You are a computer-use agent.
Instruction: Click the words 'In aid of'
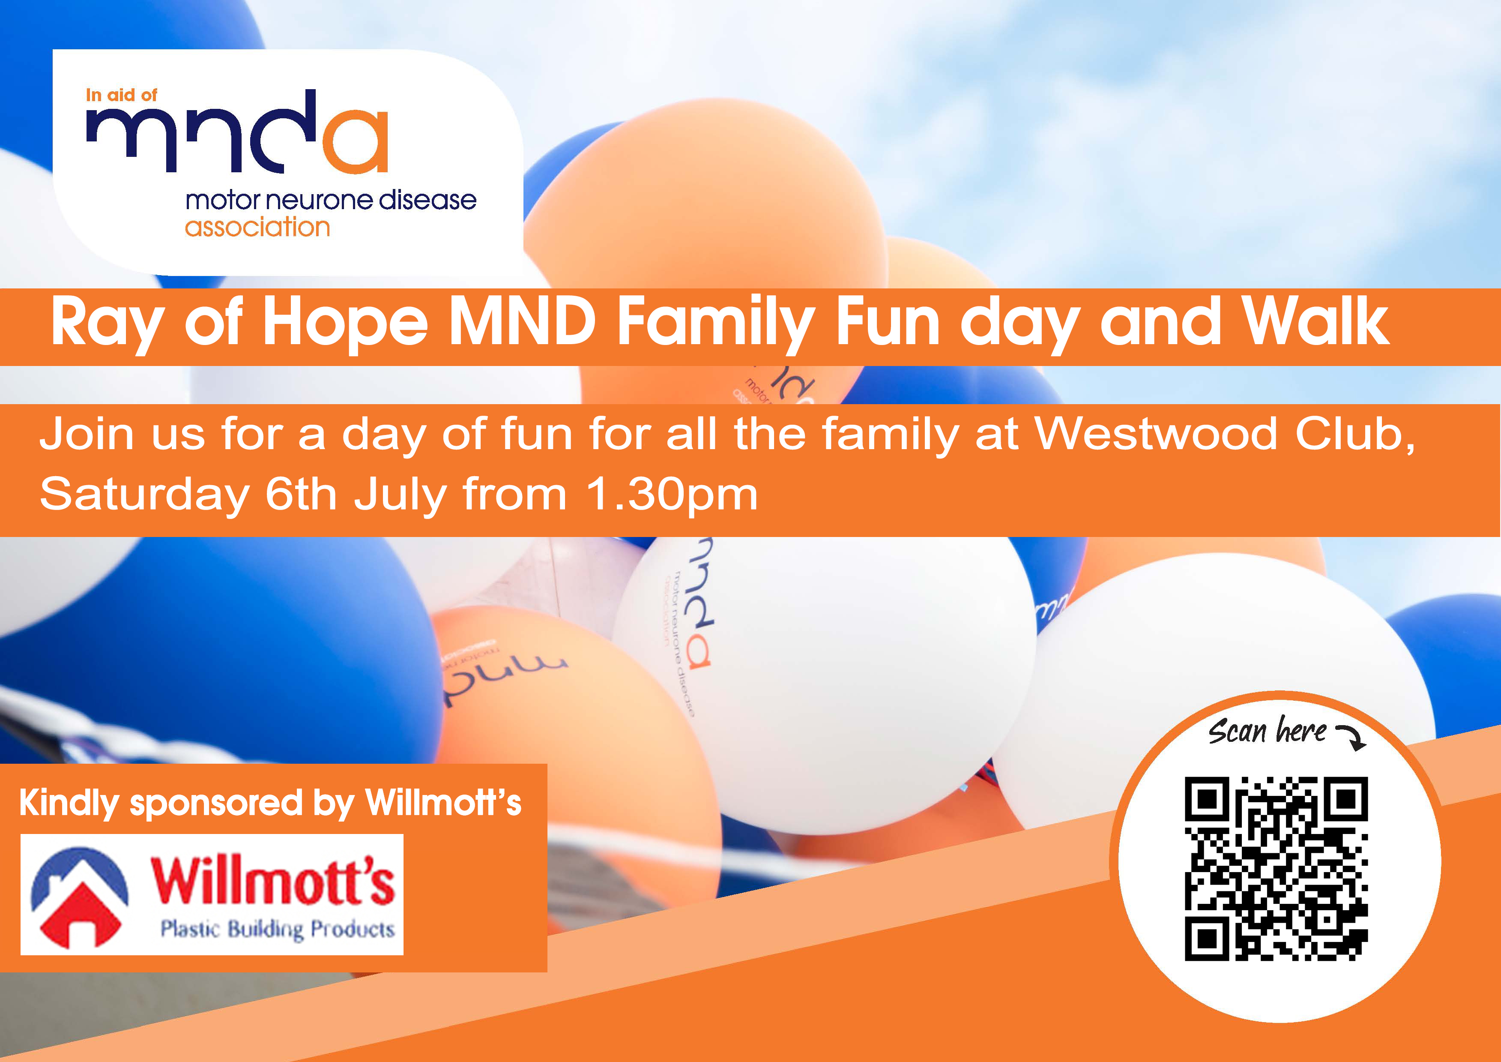[x=122, y=96]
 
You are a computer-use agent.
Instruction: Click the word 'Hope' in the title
[x=344, y=322]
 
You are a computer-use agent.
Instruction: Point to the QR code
[x=1276, y=868]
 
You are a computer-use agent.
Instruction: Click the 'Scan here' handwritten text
[x=1267, y=731]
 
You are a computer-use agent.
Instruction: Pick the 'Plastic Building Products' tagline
[x=278, y=929]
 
